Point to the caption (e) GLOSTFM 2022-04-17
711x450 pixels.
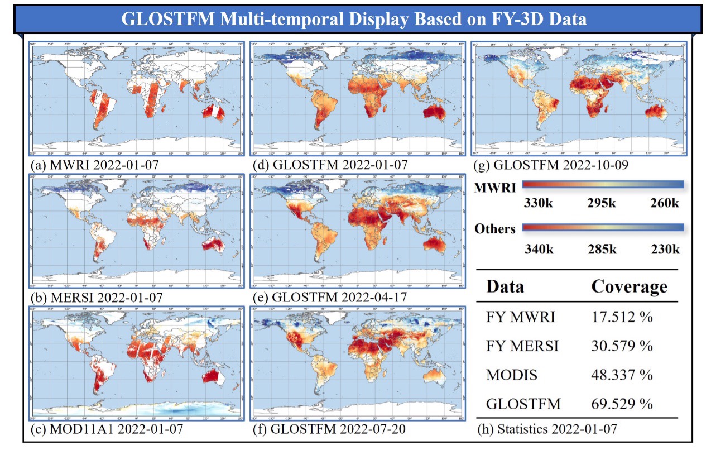tap(330, 297)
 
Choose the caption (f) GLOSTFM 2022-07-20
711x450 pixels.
tap(329, 429)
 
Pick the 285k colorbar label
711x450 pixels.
tap(602, 248)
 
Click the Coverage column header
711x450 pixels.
tap(629, 286)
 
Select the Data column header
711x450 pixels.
tap(505, 286)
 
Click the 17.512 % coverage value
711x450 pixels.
tap(622, 317)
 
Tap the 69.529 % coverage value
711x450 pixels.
tap(622, 404)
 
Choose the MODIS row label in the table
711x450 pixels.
tap(512, 375)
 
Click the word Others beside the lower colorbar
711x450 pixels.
tap(494, 229)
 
